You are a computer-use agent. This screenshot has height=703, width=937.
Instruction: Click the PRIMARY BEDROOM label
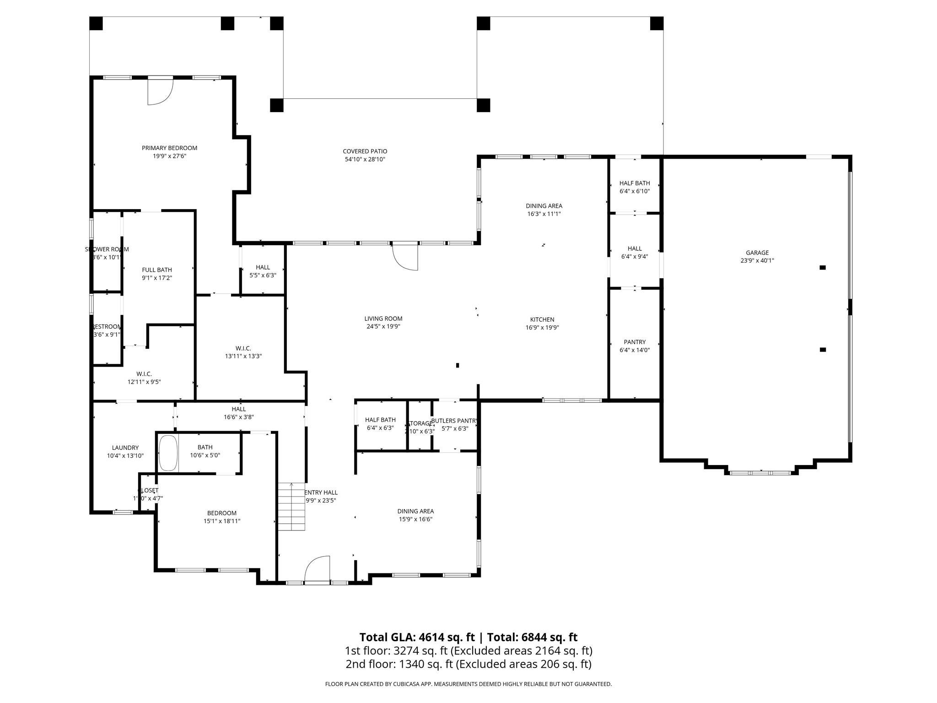(x=169, y=148)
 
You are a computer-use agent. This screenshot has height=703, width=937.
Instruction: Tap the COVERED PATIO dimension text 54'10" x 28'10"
(x=365, y=159)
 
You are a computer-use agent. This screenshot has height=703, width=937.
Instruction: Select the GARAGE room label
(x=757, y=253)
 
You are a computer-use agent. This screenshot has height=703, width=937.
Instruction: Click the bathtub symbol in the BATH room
(x=168, y=453)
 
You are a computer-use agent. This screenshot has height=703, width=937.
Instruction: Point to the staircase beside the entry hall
(x=291, y=507)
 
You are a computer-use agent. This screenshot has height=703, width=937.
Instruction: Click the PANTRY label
(x=635, y=342)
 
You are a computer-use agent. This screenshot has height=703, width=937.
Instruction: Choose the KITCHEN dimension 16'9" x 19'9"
(x=542, y=327)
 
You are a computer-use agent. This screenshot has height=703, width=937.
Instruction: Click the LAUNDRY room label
(x=125, y=448)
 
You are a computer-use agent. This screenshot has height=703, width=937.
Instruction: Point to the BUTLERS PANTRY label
(x=454, y=421)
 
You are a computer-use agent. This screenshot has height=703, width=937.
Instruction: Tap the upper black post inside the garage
(x=822, y=267)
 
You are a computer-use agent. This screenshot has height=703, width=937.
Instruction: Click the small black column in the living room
(x=458, y=365)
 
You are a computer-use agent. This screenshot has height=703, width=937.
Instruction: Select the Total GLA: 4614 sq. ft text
(x=416, y=637)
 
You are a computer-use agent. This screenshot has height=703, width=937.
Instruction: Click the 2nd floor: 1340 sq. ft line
(x=468, y=664)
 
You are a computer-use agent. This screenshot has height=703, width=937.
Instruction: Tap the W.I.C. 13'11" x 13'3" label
(x=243, y=352)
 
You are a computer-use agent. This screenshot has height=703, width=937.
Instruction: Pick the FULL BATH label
(x=157, y=270)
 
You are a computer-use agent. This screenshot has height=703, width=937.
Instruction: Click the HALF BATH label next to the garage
(x=635, y=183)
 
